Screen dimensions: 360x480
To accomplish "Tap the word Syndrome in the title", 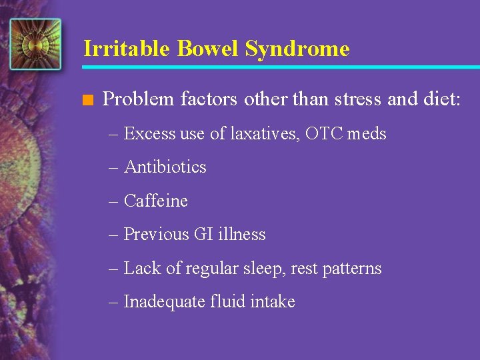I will pyautogui.click(x=297, y=49).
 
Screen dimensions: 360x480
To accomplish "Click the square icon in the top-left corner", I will pyautogui.click(x=35, y=44).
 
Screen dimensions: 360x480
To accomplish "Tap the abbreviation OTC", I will pyautogui.click(x=325, y=134).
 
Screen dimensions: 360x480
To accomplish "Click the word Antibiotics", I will pyautogui.click(x=165, y=167).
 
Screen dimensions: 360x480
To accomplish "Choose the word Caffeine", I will pyautogui.click(x=156, y=201).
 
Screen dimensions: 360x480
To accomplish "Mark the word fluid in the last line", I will pyautogui.click(x=228, y=302).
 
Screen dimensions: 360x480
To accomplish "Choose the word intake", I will pyautogui.click(x=273, y=302).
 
